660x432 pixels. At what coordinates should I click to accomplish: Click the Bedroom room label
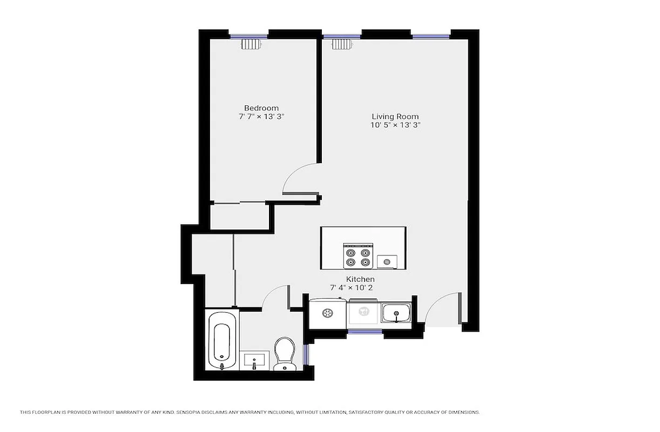tap(261, 108)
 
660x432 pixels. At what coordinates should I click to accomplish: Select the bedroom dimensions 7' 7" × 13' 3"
tap(261, 117)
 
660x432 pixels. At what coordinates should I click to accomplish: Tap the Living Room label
tap(395, 116)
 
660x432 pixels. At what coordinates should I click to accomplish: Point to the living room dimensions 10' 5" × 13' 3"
tap(395, 125)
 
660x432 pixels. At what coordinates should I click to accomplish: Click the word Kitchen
tap(360, 279)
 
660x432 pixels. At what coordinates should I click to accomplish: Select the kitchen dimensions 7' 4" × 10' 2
tap(352, 288)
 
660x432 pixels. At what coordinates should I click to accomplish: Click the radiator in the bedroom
tap(252, 44)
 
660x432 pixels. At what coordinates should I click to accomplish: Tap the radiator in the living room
tap(341, 44)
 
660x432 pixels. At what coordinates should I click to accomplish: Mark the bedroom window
tap(249, 37)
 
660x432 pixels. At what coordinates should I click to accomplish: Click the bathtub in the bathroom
tap(221, 339)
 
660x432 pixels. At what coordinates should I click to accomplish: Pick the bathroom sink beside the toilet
tap(254, 360)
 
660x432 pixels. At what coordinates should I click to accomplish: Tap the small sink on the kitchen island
tap(387, 262)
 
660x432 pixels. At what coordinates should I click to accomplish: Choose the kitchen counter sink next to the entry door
tap(396, 313)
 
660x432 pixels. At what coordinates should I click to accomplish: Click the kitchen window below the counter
tap(365, 332)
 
